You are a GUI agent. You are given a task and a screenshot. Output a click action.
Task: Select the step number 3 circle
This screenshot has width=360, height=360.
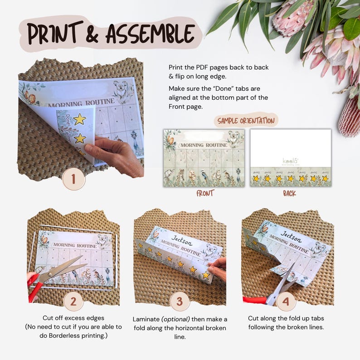180,301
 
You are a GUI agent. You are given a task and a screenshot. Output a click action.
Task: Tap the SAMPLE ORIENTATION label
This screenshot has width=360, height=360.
246,121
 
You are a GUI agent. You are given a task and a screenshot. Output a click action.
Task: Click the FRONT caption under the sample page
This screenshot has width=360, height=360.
204,193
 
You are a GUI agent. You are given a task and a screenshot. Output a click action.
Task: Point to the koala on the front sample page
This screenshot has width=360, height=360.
234,137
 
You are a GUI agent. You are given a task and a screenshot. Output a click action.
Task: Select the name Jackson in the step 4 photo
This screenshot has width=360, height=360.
291,234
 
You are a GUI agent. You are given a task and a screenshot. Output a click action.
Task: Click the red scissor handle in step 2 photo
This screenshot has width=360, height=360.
33,289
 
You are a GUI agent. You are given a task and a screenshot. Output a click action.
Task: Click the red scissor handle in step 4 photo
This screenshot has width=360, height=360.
254,300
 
